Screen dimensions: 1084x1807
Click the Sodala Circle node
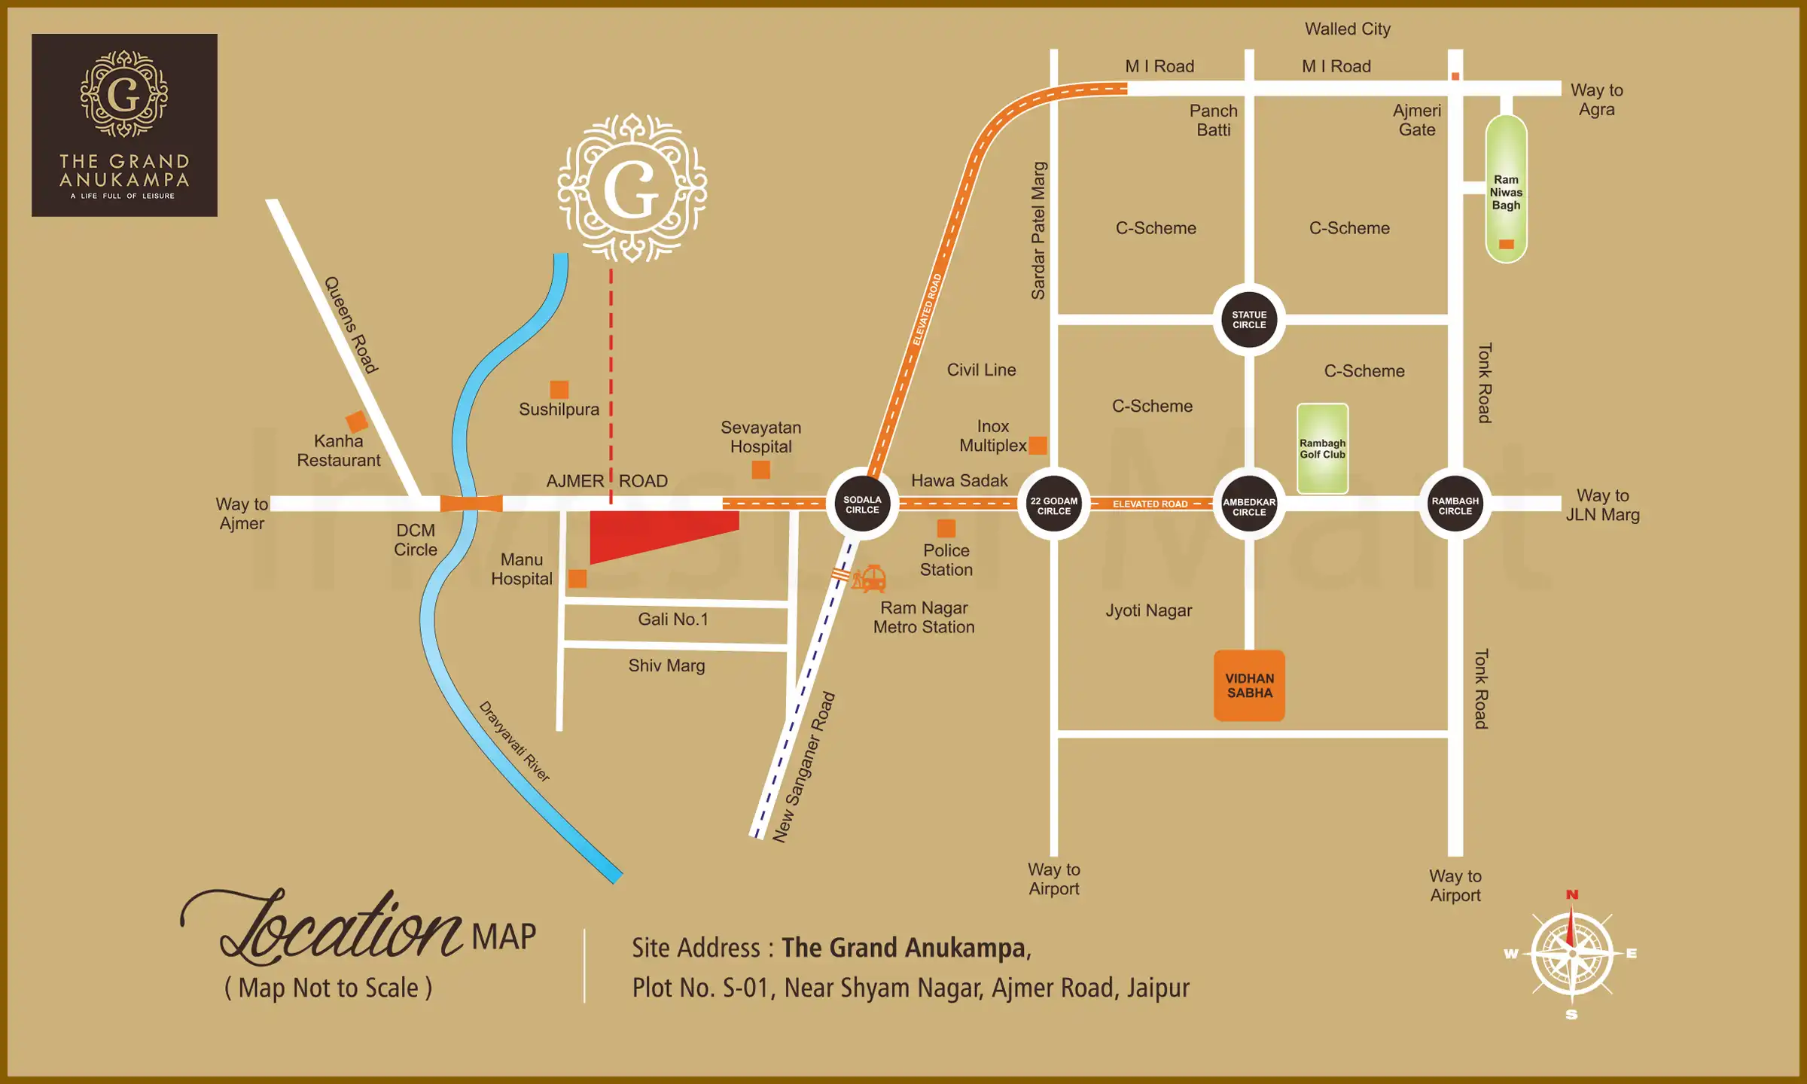click(862, 504)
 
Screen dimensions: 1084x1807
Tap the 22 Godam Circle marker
click(1053, 505)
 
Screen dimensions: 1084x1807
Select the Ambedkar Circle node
click(1249, 506)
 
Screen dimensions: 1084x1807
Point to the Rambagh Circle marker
click(1455, 505)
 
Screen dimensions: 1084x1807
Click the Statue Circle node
click(1249, 319)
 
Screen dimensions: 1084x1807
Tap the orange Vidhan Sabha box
click(1249, 685)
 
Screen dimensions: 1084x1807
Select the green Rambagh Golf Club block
click(1322, 449)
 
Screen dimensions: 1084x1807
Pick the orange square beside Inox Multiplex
click(1038, 445)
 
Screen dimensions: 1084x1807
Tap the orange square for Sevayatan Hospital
click(761, 470)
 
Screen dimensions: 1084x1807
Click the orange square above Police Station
click(946, 528)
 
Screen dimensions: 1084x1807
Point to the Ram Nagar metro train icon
click(870, 579)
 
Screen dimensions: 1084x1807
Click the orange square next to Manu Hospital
click(577, 578)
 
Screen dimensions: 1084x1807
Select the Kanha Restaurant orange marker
click(356, 422)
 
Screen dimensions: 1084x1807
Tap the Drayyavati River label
click(515, 741)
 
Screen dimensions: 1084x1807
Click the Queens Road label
click(351, 324)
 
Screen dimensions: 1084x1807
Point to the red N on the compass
click(1572, 895)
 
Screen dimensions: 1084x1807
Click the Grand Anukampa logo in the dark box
click(124, 125)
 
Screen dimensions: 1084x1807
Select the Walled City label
click(1347, 29)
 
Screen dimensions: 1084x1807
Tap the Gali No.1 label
click(673, 619)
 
